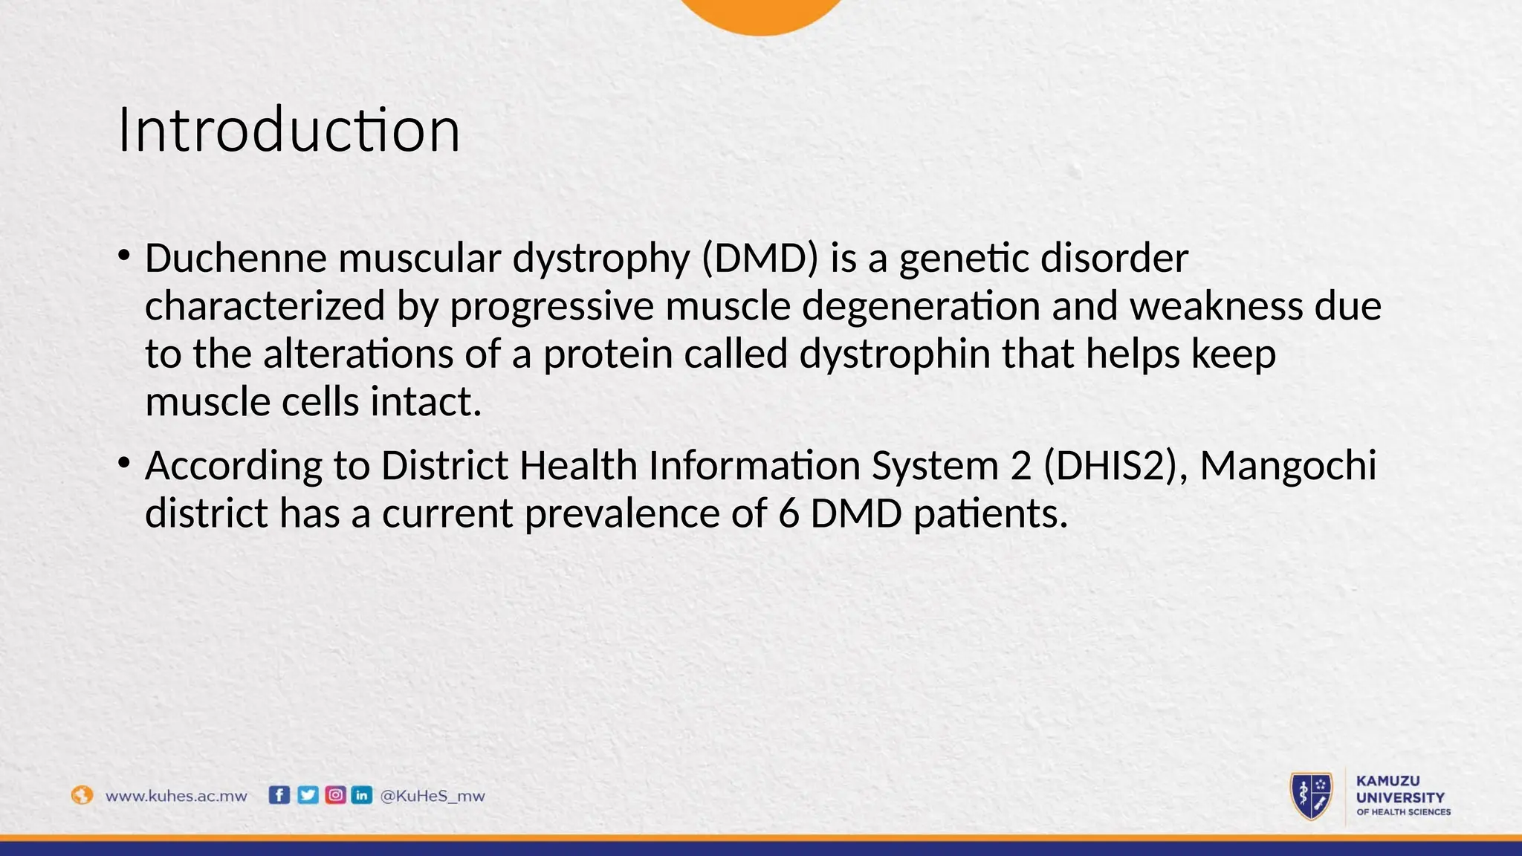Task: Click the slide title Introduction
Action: point(288,130)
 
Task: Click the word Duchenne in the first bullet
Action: point(236,259)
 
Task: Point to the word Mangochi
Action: point(1288,466)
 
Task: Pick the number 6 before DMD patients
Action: point(788,513)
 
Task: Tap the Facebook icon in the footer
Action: point(279,795)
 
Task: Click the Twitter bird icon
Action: point(307,795)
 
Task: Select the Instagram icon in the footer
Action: point(335,795)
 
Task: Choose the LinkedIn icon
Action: point(362,795)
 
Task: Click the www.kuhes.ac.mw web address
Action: point(176,796)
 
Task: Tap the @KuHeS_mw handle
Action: point(432,796)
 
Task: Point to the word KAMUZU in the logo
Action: point(1387,781)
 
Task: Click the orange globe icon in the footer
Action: point(82,795)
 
